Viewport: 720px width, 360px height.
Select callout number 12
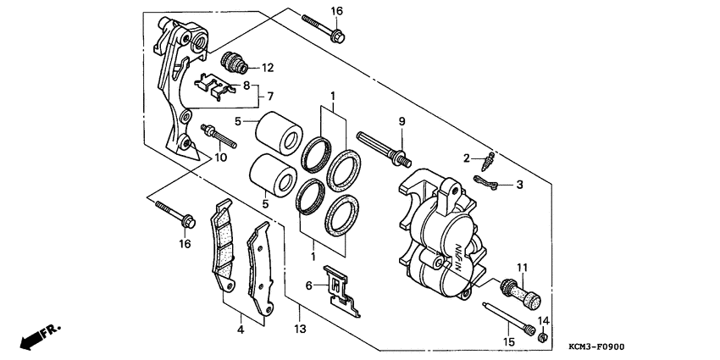coord(268,67)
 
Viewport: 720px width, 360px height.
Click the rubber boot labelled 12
coord(231,62)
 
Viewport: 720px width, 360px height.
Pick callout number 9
coord(402,121)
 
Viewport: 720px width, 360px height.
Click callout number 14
coord(544,321)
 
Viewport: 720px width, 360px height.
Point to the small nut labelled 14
coord(542,339)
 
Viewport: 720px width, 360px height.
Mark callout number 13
coord(299,329)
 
